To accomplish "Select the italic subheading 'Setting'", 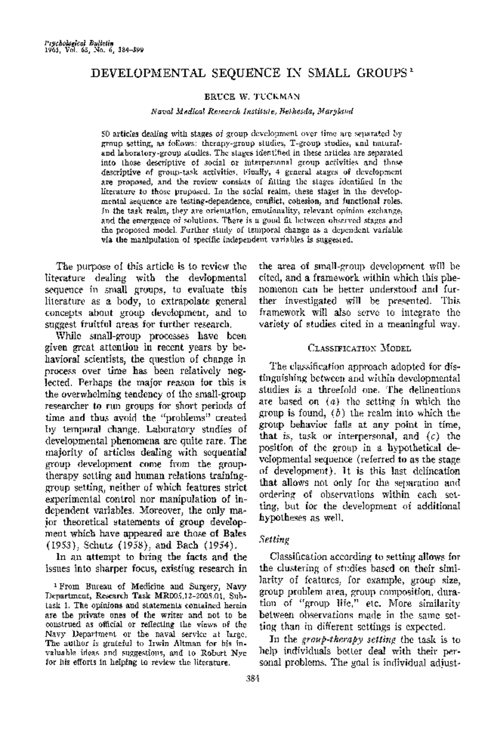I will (274, 539).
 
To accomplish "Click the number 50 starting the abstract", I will (105, 133).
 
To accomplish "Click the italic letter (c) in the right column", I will (428, 436).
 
